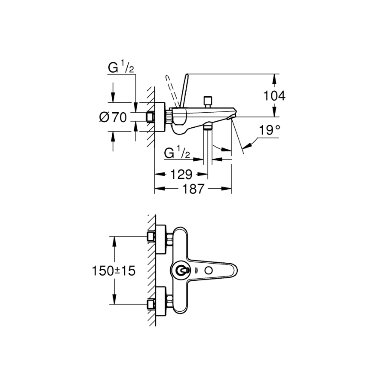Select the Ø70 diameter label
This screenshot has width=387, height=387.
pos(113,117)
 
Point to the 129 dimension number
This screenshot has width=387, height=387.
pos(180,175)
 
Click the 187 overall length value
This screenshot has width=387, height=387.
pos(193,189)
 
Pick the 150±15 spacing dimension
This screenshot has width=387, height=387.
pos(113,270)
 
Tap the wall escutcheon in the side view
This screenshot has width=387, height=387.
pos(160,117)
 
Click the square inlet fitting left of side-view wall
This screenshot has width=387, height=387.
pos(150,117)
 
